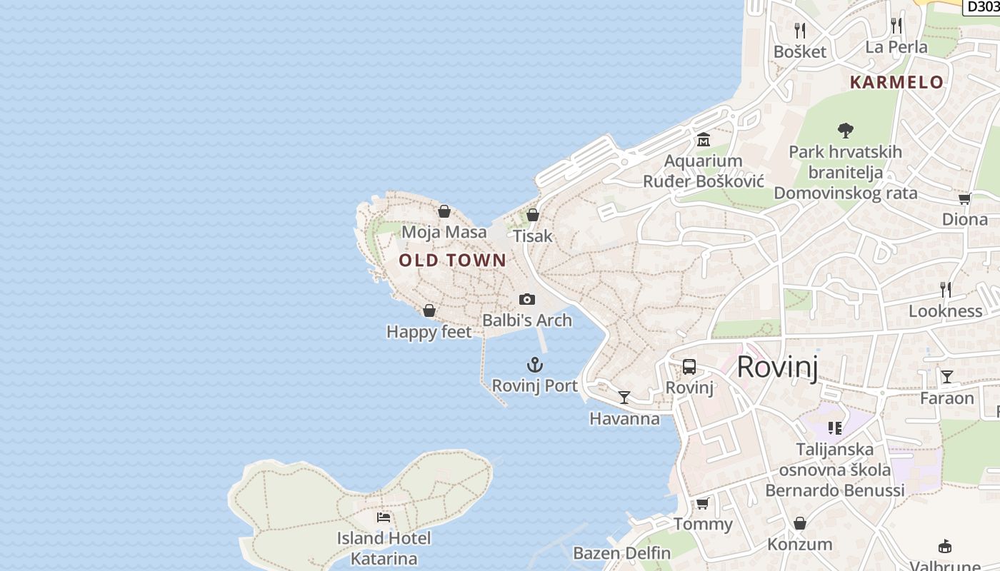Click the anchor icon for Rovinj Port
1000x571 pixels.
(x=535, y=365)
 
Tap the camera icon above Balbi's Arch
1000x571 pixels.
(x=527, y=299)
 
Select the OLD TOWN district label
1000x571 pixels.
(x=452, y=261)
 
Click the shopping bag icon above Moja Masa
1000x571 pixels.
(x=444, y=211)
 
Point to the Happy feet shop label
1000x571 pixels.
(x=429, y=332)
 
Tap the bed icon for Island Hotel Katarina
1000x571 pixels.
(x=384, y=517)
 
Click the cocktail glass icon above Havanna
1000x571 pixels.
(x=624, y=398)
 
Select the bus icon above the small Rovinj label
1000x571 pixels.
(x=689, y=367)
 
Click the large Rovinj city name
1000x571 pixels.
(x=777, y=367)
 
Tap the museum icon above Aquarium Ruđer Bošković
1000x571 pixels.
(x=704, y=140)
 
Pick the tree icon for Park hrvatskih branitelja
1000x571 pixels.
(x=846, y=131)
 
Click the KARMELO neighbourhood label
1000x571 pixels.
(x=896, y=82)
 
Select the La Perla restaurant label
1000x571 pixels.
(x=896, y=47)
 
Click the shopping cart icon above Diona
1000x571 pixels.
(x=964, y=199)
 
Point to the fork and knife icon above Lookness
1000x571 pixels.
(x=946, y=290)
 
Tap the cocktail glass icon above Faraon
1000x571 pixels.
(x=947, y=377)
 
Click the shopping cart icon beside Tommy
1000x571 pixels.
(x=703, y=504)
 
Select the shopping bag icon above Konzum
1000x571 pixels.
(x=800, y=523)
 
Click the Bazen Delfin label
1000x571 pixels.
(x=622, y=553)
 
